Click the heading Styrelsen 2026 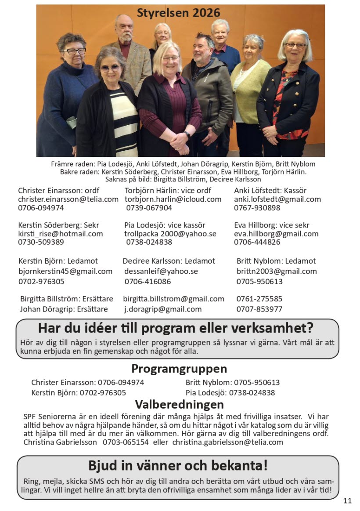click(x=178, y=13)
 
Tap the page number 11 click(x=347, y=500)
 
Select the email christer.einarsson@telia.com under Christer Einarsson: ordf click(x=68, y=199)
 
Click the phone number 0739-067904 click(x=149, y=208)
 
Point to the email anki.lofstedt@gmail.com click(x=277, y=199)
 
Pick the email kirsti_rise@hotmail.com click(x=60, y=234)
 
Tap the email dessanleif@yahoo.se click(x=161, y=271)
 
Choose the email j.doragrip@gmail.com click(x=162, y=309)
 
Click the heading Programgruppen click(x=179, y=368)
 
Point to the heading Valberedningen click(x=179, y=404)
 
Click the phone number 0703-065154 click(x=126, y=442)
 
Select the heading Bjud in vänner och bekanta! click(x=178, y=465)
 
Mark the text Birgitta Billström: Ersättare click(x=66, y=299)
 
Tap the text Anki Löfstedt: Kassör click(x=270, y=191)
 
